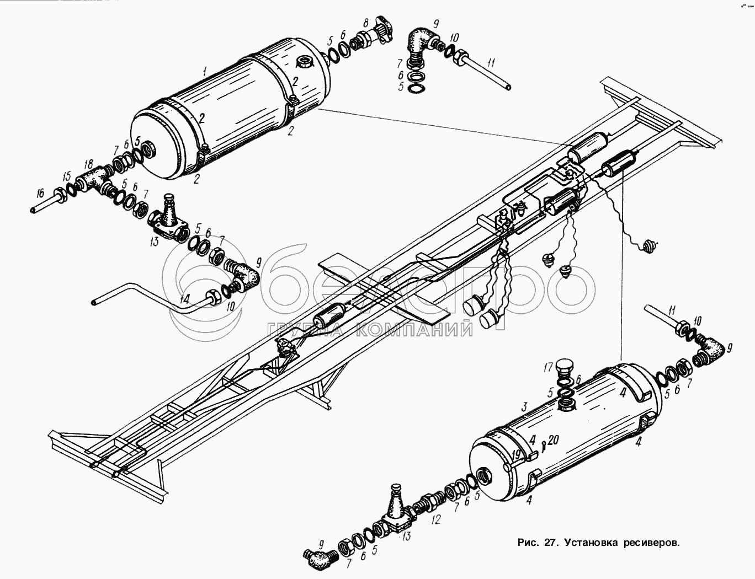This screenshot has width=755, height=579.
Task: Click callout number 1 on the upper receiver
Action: click(x=204, y=71)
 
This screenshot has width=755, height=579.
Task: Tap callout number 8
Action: click(x=365, y=24)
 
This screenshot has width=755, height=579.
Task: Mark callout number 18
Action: click(x=88, y=165)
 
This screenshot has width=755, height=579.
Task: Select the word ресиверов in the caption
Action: click(x=651, y=543)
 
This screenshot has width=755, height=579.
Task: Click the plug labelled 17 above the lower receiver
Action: click(x=565, y=368)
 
